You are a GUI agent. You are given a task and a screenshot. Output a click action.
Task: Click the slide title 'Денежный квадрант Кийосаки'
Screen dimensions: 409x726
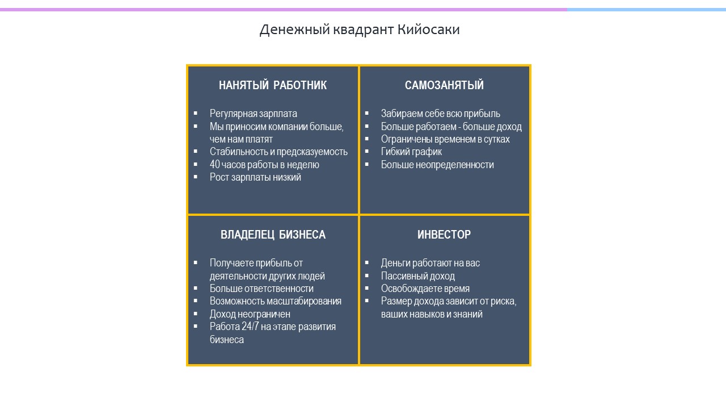[360, 30]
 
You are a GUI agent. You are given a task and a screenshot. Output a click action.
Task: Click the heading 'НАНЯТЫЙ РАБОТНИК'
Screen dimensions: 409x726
[273, 85]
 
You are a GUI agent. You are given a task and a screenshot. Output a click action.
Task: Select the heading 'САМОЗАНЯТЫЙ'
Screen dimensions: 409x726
[444, 85]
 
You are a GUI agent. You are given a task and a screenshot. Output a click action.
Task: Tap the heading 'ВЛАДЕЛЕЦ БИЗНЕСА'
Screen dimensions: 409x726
[273, 235]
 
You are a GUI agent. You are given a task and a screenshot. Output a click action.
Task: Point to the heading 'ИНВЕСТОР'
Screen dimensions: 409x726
[444, 235]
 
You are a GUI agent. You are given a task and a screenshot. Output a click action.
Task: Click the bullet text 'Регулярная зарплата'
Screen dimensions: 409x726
[253, 114]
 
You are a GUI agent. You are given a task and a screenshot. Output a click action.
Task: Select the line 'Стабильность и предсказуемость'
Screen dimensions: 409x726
[278, 152]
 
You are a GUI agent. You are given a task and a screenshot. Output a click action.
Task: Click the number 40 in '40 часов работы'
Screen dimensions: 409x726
[215, 165]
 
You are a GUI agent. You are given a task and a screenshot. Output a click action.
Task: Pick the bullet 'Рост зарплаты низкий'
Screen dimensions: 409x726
[255, 177]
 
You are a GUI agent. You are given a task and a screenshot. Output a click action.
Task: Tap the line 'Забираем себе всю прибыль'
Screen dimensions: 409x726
[441, 114]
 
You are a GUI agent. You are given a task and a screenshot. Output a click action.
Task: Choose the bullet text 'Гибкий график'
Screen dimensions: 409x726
[411, 152]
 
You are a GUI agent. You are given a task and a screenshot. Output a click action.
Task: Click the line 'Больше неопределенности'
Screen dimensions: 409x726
[437, 165]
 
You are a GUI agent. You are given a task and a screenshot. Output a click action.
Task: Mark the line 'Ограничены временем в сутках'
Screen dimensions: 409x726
[445, 139]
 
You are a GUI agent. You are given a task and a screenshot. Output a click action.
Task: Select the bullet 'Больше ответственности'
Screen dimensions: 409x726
[261, 289]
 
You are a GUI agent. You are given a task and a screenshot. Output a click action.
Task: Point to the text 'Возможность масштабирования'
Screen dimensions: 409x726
[276, 301]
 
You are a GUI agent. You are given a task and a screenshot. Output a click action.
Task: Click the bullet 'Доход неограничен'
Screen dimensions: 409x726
[250, 314]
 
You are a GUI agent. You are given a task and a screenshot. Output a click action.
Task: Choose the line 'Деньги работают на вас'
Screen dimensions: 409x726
[430, 263]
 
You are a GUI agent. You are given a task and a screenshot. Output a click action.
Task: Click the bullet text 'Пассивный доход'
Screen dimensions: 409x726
[418, 276]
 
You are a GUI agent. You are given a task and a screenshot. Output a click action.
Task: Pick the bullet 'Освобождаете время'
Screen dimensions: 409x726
[425, 289]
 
